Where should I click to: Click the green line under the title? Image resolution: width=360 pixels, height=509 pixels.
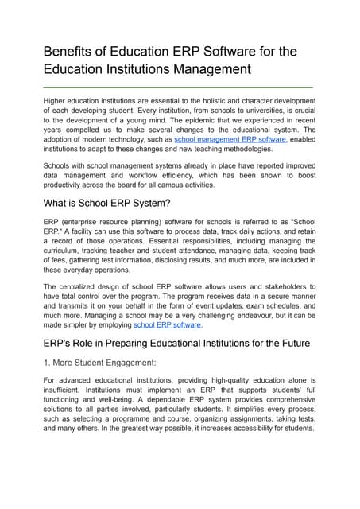tap(177, 86)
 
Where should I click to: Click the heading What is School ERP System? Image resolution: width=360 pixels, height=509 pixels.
tap(107, 203)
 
